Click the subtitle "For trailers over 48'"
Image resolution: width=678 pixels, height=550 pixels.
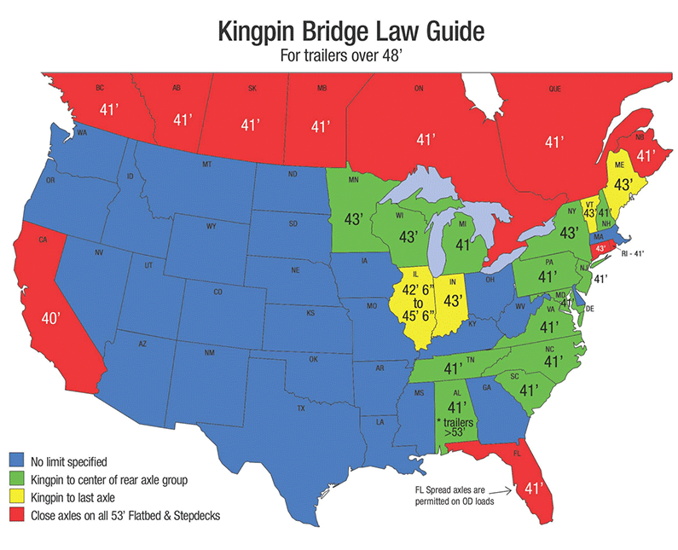339,57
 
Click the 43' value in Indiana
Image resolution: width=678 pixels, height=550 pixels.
453,301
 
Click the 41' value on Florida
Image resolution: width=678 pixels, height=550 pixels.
533,489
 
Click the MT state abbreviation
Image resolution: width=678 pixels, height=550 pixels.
206,164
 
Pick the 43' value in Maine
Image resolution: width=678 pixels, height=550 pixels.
623,184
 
